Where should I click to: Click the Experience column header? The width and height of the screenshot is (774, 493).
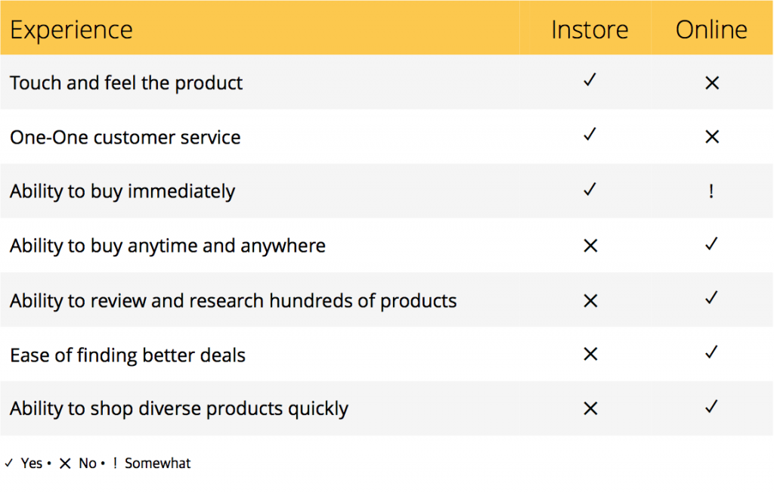click(x=71, y=30)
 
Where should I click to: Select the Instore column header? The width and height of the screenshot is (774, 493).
click(x=590, y=29)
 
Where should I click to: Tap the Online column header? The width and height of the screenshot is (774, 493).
click(x=711, y=29)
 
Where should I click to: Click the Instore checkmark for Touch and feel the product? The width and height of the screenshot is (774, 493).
click(x=590, y=80)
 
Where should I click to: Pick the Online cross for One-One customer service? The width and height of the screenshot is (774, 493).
click(x=712, y=137)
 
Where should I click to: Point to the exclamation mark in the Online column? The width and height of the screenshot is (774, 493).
click(x=711, y=191)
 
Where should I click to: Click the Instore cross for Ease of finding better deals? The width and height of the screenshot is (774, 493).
click(x=590, y=354)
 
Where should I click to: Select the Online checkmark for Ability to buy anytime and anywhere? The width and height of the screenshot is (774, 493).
click(x=711, y=243)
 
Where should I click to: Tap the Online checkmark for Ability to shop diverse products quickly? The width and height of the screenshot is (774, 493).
click(x=711, y=407)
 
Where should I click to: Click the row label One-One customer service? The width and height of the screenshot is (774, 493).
click(x=125, y=138)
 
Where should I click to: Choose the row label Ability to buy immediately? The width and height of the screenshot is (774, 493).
click(x=122, y=191)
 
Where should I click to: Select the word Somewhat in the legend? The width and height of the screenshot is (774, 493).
click(x=157, y=464)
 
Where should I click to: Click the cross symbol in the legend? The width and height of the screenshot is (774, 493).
click(x=65, y=464)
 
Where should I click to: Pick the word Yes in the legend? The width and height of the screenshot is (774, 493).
click(x=32, y=464)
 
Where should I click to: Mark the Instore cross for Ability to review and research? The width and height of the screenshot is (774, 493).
click(x=590, y=301)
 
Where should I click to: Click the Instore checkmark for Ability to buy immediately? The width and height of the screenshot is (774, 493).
click(x=590, y=189)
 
